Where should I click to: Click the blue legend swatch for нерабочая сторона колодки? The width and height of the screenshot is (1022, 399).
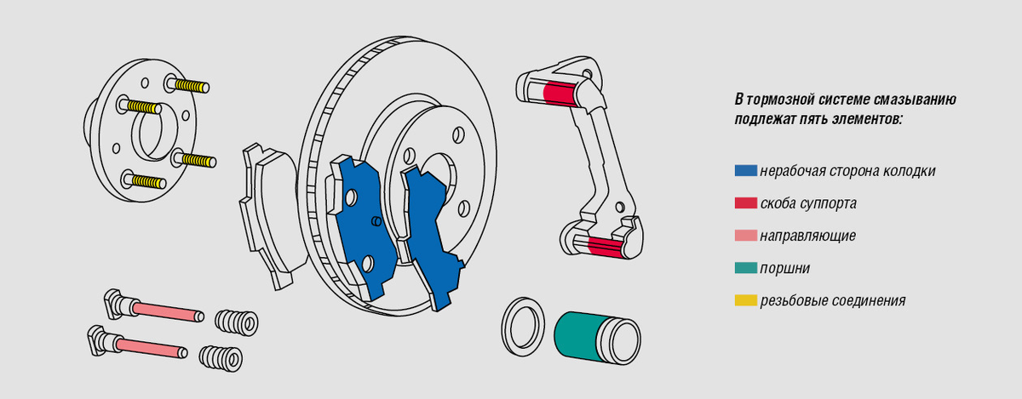[x=745, y=170]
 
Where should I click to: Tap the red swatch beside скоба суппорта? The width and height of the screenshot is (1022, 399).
[x=745, y=203]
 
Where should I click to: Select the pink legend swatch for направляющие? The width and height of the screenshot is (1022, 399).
[x=745, y=236]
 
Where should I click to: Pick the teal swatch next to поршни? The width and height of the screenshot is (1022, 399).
[x=745, y=268]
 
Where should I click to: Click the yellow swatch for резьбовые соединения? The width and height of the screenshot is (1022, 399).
[x=745, y=300]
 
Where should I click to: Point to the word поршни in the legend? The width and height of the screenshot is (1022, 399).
[x=784, y=269]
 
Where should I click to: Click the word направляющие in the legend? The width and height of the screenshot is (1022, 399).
[x=807, y=237]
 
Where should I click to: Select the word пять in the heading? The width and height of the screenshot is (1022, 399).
[x=815, y=119]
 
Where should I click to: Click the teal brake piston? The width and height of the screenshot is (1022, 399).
[x=597, y=338]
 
